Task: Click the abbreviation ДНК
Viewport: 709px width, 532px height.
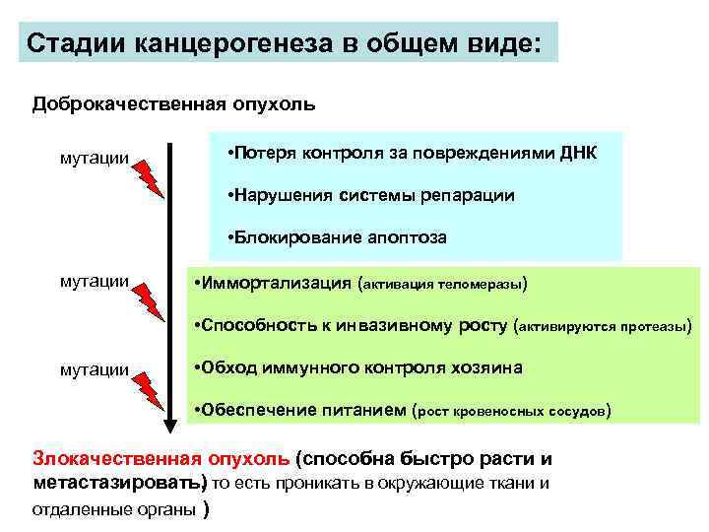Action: [x=575, y=155]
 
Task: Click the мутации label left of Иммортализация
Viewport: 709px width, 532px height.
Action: [x=95, y=282]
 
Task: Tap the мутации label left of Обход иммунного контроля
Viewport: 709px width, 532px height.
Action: [x=95, y=369]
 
